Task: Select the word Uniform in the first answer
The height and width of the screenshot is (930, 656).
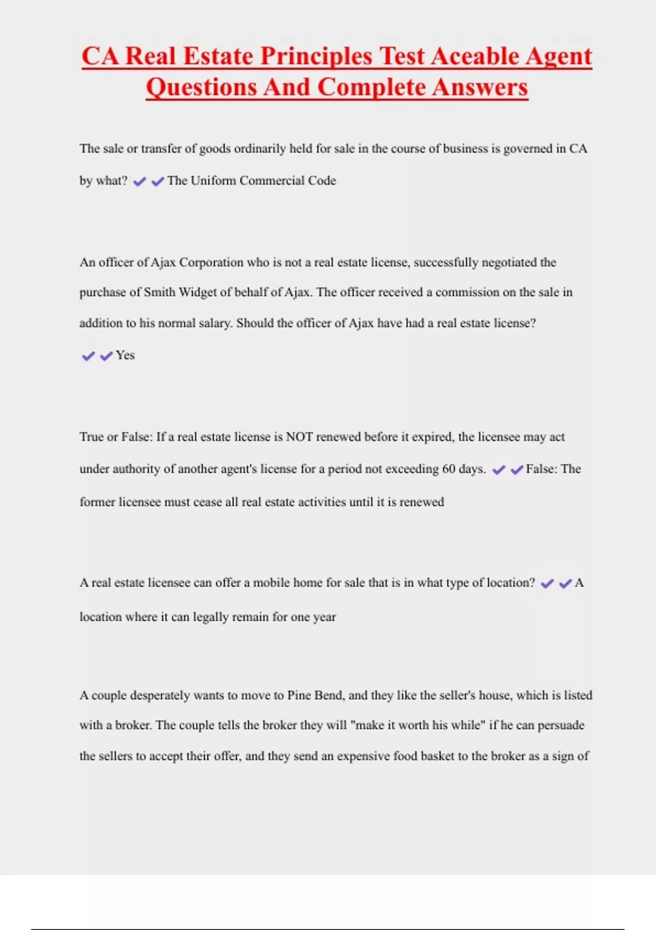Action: click(213, 181)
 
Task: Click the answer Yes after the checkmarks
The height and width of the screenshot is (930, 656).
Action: click(125, 356)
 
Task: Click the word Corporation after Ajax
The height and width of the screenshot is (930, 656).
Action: click(212, 263)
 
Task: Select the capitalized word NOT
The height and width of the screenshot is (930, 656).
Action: click(300, 437)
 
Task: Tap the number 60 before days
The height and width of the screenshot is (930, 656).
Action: click(449, 469)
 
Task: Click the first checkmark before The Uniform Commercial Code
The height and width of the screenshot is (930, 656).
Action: click(139, 182)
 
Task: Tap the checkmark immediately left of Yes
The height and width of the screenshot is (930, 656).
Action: click(107, 356)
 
